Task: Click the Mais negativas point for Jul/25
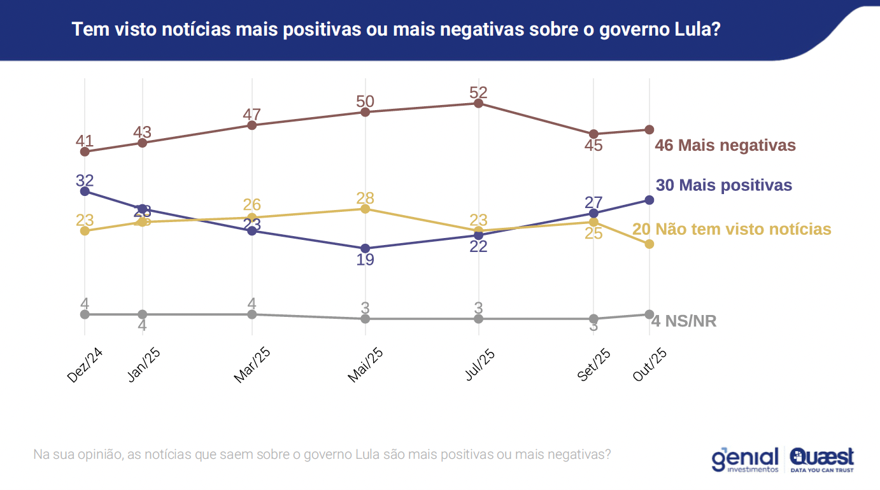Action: (x=478, y=103)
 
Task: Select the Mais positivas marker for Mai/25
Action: (x=365, y=248)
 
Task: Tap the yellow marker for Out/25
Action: (x=649, y=244)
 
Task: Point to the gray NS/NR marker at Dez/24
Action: (x=85, y=314)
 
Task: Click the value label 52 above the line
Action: (x=478, y=93)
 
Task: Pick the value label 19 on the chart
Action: (x=365, y=260)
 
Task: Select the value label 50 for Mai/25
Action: (x=365, y=102)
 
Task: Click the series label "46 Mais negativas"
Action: (x=726, y=145)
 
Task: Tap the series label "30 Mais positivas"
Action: (x=724, y=185)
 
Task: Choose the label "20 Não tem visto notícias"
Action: (x=732, y=229)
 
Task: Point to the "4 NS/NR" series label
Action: (x=684, y=321)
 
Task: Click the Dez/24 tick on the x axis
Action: (x=85, y=365)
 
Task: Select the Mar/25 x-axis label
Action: (x=253, y=366)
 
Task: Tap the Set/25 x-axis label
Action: (x=594, y=366)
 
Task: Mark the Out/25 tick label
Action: (x=649, y=365)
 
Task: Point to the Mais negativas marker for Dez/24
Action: (x=85, y=151)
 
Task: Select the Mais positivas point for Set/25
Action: (x=594, y=213)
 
